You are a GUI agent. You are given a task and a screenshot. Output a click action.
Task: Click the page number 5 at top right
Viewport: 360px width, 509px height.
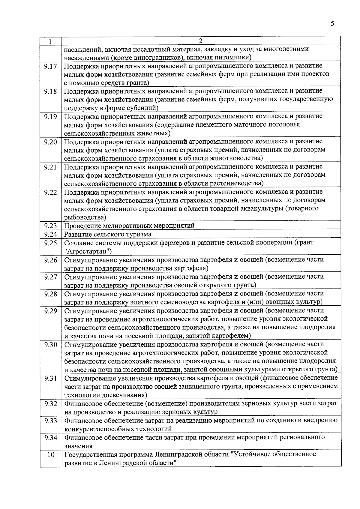pyautogui.click(x=332, y=24)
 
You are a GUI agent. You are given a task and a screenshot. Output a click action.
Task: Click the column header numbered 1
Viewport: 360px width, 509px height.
pyautogui.click(x=50, y=41)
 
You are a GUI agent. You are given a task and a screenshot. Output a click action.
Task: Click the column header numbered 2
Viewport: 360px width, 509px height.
pyautogui.click(x=201, y=40)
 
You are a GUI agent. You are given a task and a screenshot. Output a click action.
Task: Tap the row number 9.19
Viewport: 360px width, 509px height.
pyautogui.click(x=50, y=116)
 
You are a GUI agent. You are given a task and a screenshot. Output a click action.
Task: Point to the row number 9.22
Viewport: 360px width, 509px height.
pyautogui.click(x=50, y=192)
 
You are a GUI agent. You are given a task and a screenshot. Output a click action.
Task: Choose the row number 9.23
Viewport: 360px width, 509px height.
pyautogui.click(x=50, y=226)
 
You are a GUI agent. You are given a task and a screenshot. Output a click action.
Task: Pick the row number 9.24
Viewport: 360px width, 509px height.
pyautogui.click(x=50, y=234)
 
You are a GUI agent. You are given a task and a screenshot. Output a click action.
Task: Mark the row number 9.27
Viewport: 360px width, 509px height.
pyautogui.click(x=50, y=277)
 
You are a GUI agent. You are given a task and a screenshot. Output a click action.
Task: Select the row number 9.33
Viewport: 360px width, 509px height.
pyautogui.click(x=50, y=421)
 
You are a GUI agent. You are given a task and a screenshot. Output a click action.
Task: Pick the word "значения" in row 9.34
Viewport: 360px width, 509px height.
pyautogui.click(x=78, y=446)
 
